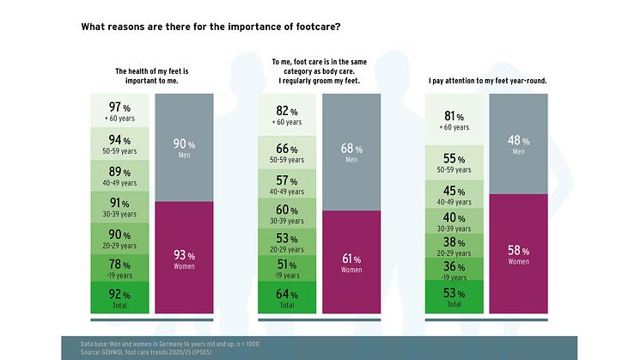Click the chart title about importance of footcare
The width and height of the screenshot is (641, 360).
point(211,27)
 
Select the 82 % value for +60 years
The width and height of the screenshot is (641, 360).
point(288,115)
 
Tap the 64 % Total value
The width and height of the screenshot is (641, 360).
point(288,299)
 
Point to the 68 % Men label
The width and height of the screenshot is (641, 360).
point(351,153)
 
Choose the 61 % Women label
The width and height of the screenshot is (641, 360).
point(351,263)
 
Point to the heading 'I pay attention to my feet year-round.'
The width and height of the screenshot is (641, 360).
point(487,82)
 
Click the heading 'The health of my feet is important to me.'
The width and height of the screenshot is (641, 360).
point(151,76)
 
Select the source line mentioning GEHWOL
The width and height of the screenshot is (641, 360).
point(136,351)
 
